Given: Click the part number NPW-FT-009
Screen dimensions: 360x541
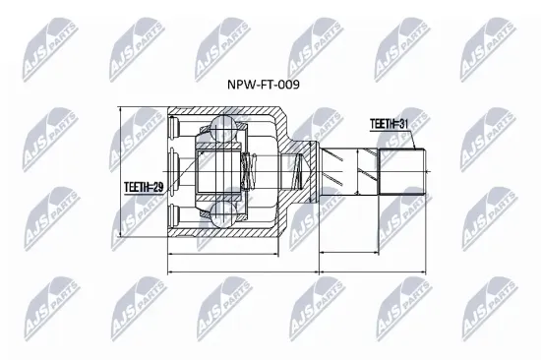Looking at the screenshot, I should (x=265, y=85).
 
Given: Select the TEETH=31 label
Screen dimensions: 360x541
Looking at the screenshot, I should (x=390, y=124).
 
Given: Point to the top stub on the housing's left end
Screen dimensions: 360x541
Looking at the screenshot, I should (x=174, y=125).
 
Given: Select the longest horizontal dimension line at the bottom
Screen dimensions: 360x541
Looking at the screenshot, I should (x=295, y=273).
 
